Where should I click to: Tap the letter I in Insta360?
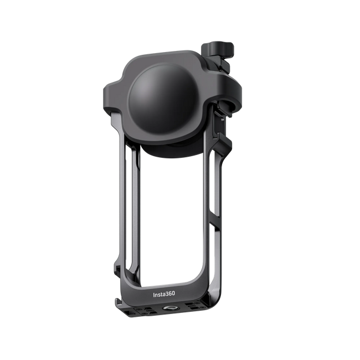click(x=155, y=295)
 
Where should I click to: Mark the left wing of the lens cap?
click(x=114, y=91)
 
